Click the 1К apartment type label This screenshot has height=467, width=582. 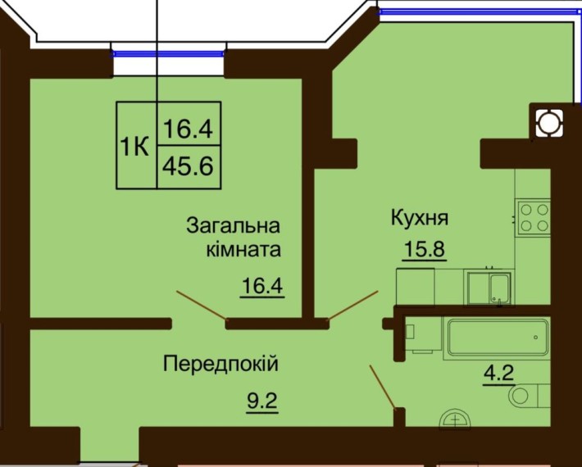(135, 147)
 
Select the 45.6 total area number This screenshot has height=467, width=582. (189, 167)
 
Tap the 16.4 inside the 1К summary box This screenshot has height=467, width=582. (189, 129)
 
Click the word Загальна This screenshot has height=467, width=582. (234, 224)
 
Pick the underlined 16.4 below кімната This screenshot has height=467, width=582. (262, 286)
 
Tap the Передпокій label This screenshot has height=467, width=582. (221, 362)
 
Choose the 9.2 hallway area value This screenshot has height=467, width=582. (262, 401)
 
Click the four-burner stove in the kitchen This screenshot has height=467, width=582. (534, 216)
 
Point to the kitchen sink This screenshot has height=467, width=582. (489, 287)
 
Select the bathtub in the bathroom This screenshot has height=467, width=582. (498, 336)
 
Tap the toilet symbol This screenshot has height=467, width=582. (524, 397)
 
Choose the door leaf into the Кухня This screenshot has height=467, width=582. (352, 304)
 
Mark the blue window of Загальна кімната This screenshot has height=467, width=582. (168, 53)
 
